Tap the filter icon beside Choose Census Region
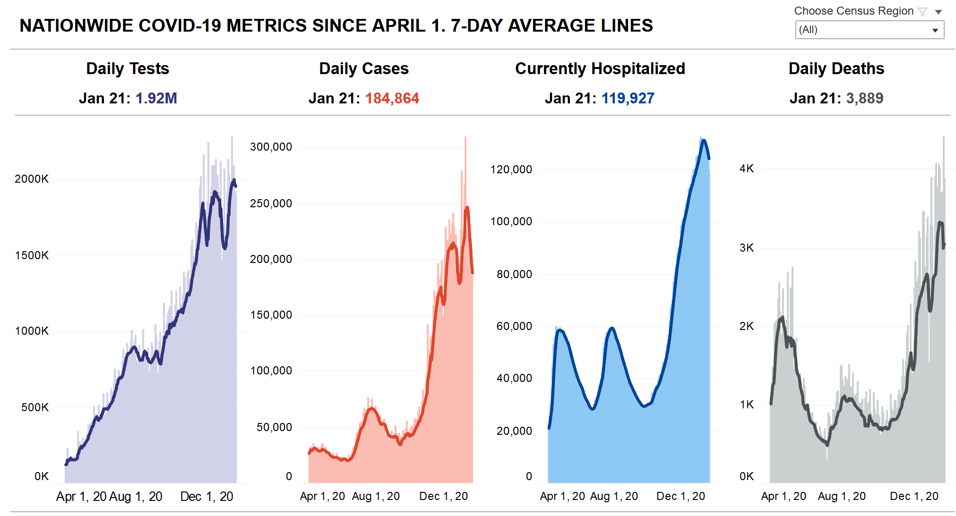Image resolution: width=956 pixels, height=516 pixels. pos(922,12)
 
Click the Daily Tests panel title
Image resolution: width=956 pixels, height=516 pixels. pos(128,69)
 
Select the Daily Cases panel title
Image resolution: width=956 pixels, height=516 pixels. pos(363,69)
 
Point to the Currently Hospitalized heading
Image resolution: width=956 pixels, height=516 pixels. pos(600,69)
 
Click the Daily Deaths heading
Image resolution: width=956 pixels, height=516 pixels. pos(836,69)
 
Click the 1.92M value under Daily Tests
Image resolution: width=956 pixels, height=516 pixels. pos(156,98)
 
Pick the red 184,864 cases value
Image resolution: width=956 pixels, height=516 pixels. pos(392,98)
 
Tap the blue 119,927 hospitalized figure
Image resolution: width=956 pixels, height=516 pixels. pos(628,98)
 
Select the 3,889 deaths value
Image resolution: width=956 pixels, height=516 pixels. pos(864,98)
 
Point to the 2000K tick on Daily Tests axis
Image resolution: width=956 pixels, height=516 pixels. pos(32,179)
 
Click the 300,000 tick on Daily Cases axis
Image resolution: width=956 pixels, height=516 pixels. pos(271,147)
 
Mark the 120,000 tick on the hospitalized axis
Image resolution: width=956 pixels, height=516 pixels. pos(511,169)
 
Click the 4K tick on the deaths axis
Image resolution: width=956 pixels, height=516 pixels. pos(747,169)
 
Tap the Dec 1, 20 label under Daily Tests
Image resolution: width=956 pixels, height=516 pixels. pos(207,497)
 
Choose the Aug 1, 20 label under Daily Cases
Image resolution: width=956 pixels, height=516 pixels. pos(376,497)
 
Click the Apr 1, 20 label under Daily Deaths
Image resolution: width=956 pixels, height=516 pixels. pos(784,497)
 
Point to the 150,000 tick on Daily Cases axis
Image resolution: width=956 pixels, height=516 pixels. pos(271,315)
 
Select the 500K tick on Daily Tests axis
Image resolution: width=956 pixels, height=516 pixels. pos(35,407)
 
